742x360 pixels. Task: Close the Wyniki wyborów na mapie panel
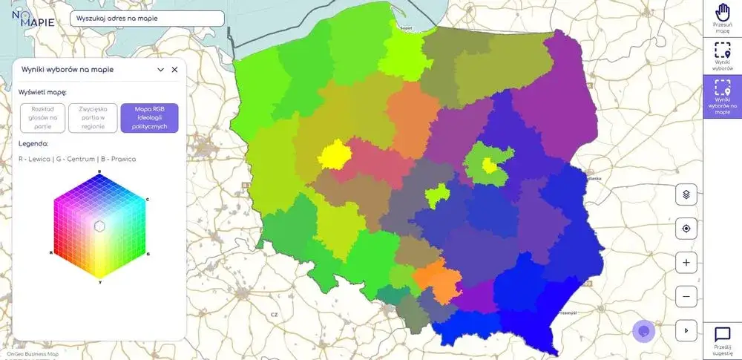coord(175,69)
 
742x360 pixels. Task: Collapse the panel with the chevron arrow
coord(160,69)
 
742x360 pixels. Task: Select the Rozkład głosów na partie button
coord(42,117)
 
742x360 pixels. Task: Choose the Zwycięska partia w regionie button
coord(93,117)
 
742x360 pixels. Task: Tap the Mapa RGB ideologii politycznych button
coord(149,117)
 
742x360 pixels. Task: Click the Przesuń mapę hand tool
coord(723,17)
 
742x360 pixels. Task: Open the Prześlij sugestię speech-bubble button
coord(723,339)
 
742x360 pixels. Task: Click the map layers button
coord(686,195)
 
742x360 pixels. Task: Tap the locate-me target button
coord(686,229)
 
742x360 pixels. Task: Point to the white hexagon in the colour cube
coord(99,226)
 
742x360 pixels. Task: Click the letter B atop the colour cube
coord(99,171)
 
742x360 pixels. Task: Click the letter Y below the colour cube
coord(99,281)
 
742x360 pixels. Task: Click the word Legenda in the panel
coord(33,143)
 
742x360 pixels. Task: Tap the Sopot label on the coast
coord(406,28)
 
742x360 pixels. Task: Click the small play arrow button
coord(686,330)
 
